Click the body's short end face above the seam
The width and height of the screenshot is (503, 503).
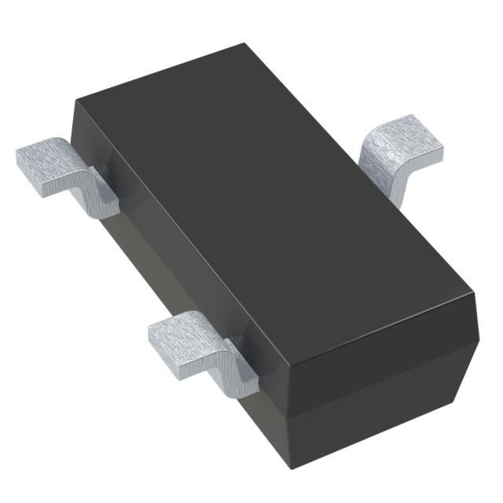[x=377, y=346]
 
